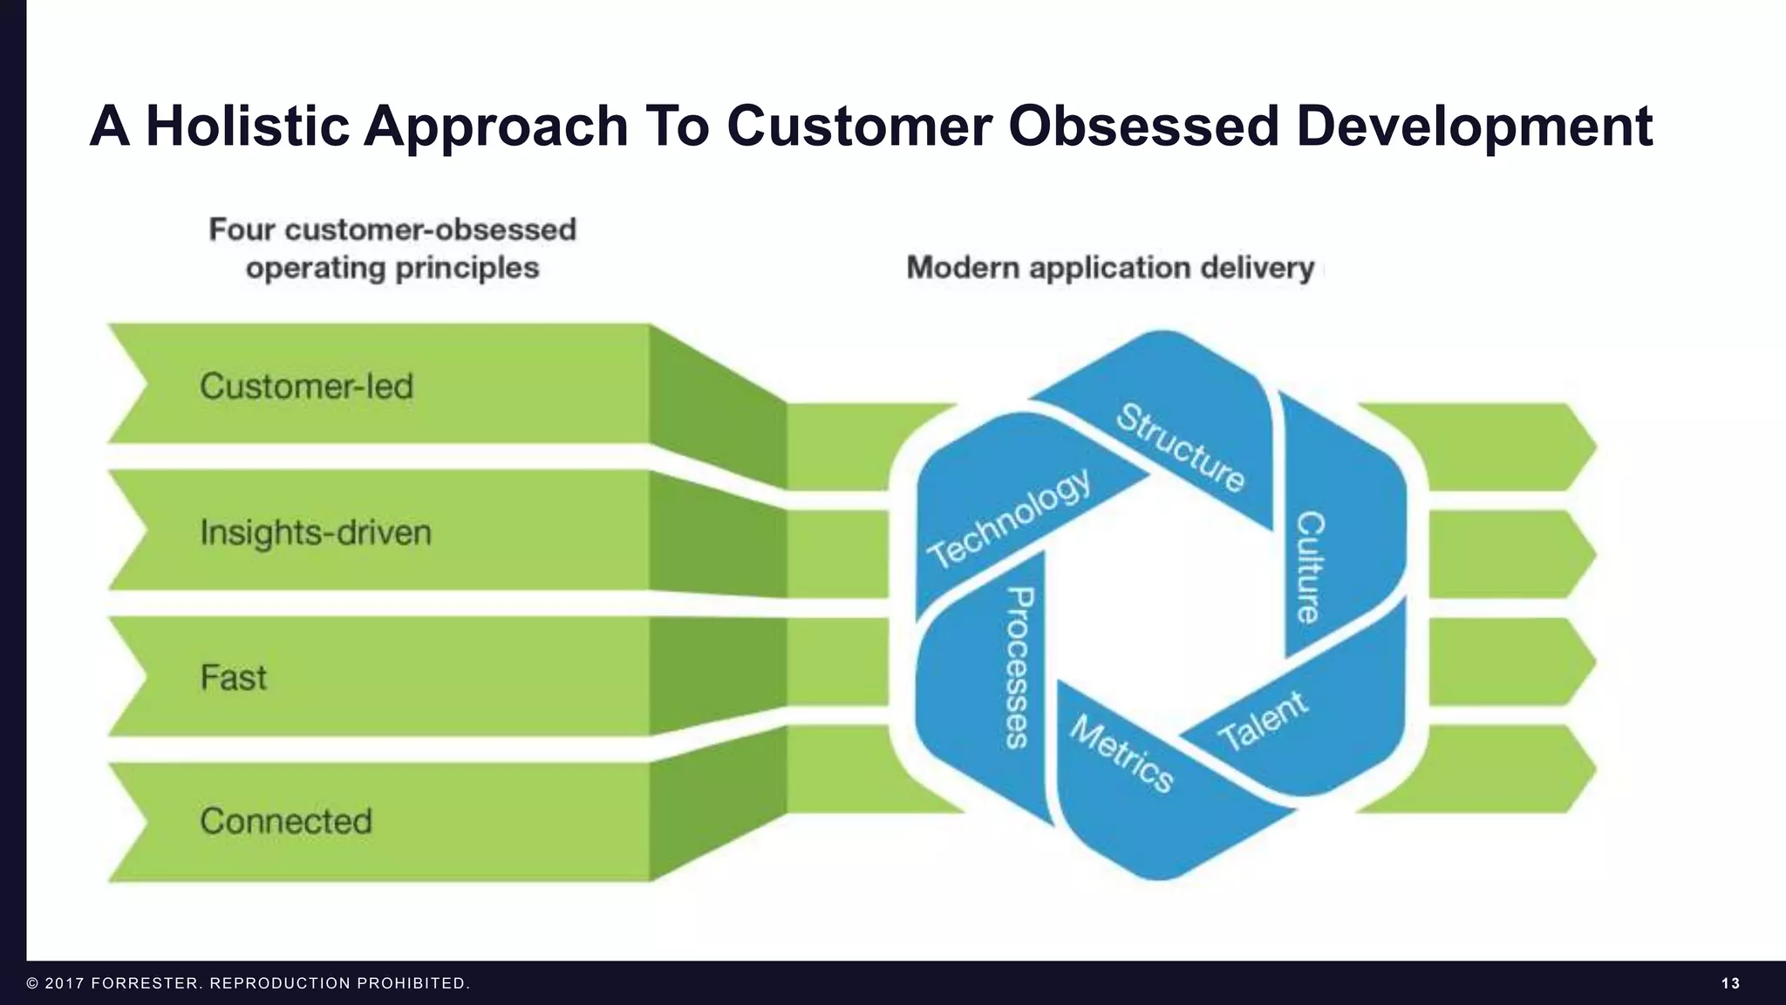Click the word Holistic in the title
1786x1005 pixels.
(x=247, y=126)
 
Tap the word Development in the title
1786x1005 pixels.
(x=1474, y=126)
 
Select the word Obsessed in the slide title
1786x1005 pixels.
(x=1143, y=126)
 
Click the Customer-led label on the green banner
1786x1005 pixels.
(x=306, y=386)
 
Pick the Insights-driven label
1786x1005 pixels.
(x=316, y=532)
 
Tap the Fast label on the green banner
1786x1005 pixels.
(x=233, y=678)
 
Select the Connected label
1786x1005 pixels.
(x=286, y=821)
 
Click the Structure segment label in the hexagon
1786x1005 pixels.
(x=1181, y=448)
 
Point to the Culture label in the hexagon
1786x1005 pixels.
(x=1309, y=567)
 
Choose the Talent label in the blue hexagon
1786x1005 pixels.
(x=1262, y=721)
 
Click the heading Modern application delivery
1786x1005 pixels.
(x=1110, y=267)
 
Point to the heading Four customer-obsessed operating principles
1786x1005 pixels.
(x=392, y=249)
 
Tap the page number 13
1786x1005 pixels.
(x=1730, y=983)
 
